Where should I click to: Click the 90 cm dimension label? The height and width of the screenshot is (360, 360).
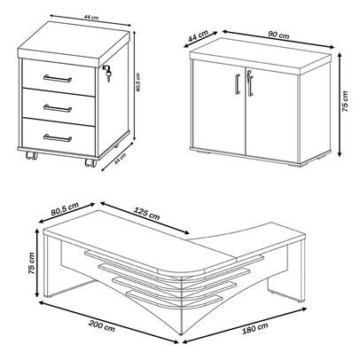pyautogui.click(x=278, y=35)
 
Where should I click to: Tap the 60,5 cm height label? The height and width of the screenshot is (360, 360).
pyautogui.click(x=138, y=82)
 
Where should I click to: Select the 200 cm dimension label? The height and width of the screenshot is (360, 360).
pyautogui.click(x=102, y=325)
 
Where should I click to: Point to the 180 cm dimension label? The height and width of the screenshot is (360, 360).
pyautogui.click(x=255, y=328)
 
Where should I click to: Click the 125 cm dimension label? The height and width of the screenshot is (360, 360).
pyautogui.click(x=147, y=214)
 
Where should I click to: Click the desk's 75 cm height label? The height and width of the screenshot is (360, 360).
pyautogui.click(x=31, y=263)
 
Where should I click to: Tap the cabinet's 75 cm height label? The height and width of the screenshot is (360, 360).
pyautogui.click(x=345, y=101)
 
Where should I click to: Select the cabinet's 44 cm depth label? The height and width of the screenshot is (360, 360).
pyautogui.click(x=198, y=36)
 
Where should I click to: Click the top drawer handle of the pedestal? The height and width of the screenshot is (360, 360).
pyautogui.click(x=58, y=78)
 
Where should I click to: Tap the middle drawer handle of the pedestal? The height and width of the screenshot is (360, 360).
pyautogui.click(x=58, y=108)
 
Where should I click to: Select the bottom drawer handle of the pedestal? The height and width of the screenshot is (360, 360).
pyautogui.click(x=58, y=137)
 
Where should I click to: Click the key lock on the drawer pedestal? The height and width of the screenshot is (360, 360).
pyautogui.click(x=106, y=73)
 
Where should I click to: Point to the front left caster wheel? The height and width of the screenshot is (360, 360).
pyautogui.click(x=32, y=155)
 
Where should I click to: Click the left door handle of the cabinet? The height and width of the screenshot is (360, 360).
pyautogui.click(x=238, y=84)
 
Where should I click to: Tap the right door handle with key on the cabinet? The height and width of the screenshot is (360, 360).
pyautogui.click(x=250, y=82)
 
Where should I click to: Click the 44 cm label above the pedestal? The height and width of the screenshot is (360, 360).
pyautogui.click(x=91, y=17)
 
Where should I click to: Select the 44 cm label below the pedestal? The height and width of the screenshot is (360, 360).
pyautogui.click(x=121, y=159)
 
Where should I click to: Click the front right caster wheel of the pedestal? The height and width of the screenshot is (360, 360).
pyautogui.click(x=90, y=163)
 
